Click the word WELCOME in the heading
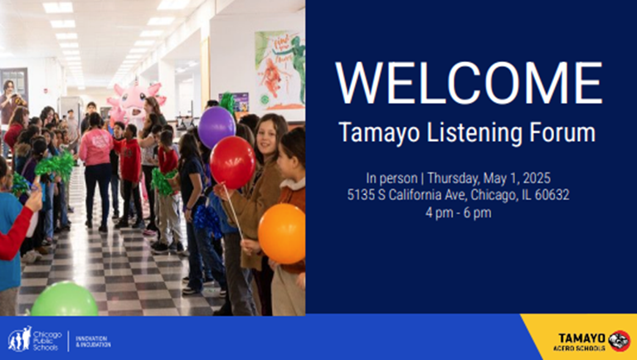tap(469, 83)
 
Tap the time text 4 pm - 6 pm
tap(458, 212)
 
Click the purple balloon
tap(216, 126)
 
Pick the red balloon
tap(233, 162)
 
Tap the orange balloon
tap(282, 233)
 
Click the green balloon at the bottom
tap(65, 299)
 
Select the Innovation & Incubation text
tap(93, 340)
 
